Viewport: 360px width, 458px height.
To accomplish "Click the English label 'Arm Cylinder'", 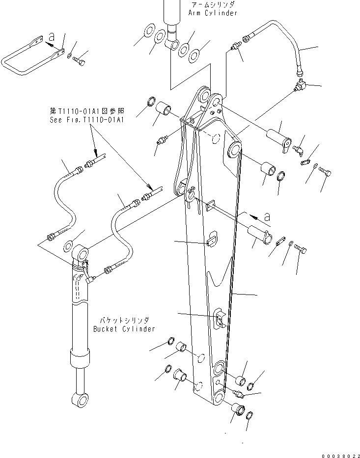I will [212, 13].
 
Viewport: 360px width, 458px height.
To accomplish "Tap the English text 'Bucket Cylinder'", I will [124, 329].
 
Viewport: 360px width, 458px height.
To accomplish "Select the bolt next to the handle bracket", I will [79, 60].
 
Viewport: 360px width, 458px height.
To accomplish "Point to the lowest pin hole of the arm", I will [220, 398].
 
